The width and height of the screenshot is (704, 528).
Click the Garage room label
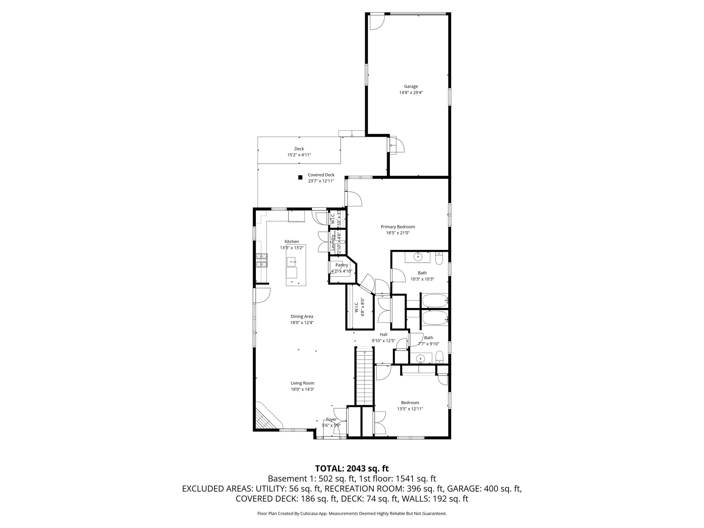[x=411, y=86]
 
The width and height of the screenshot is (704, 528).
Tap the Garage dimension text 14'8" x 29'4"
[x=411, y=92]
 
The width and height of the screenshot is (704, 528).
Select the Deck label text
[x=299, y=149]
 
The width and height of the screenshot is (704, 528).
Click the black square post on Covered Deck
[x=300, y=177]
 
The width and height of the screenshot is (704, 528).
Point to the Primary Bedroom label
[x=398, y=227]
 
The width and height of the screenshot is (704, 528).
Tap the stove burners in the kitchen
[x=261, y=260]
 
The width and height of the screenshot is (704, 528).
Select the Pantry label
[x=342, y=265]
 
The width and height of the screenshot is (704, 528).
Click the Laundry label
[x=333, y=243]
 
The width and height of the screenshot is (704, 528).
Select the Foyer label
[x=331, y=419]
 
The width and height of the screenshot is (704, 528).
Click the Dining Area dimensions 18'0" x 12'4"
[x=302, y=322]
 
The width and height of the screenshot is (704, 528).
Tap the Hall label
[x=384, y=334]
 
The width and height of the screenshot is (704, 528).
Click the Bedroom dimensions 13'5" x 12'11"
[x=410, y=409]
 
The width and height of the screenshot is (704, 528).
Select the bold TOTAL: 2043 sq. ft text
[x=352, y=468]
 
